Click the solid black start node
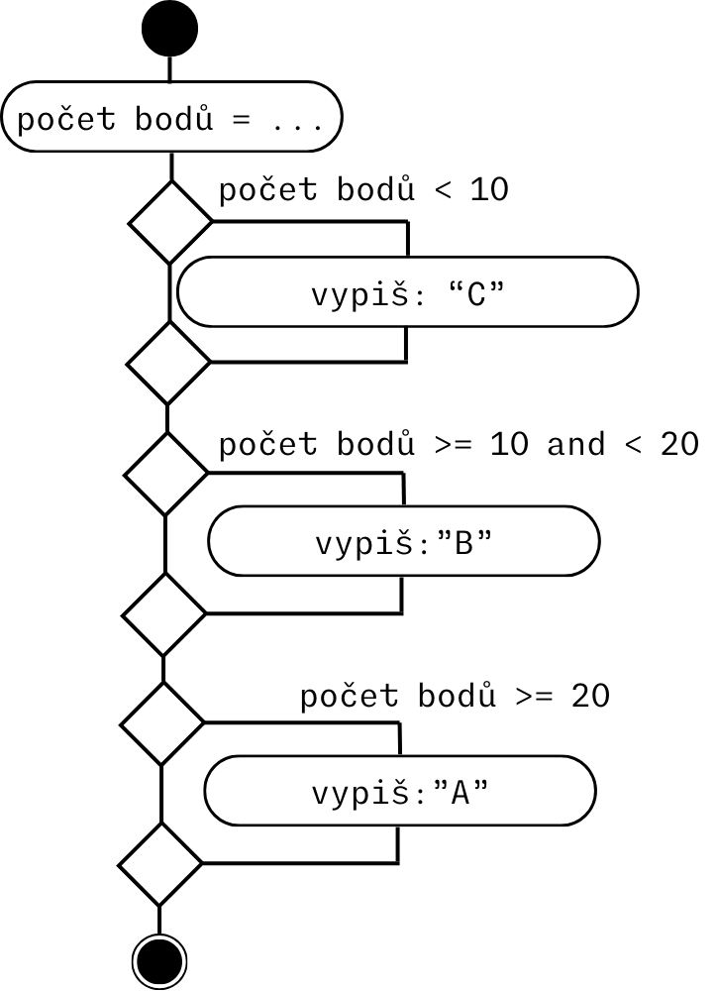pyautogui.click(x=170, y=29)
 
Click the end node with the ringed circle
pyautogui.click(x=159, y=959)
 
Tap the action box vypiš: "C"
pyautogui.click(x=407, y=292)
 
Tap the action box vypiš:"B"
pyautogui.click(x=403, y=541)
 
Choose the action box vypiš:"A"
pyautogui.click(x=399, y=792)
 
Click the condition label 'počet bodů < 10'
pyautogui.click(x=362, y=189)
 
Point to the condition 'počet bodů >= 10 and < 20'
pyautogui.click(x=459, y=445)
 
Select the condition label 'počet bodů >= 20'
pyautogui.click(x=455, y=697)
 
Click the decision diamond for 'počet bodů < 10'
pyautogui.click(x=171, y=222)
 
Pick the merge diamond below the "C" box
pyautogui.click(x=169, y=362)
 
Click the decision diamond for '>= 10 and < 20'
pyautogui.click(x=165, y=473)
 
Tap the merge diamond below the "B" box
pyautogui.click(x=164, y=613)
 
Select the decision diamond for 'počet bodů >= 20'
pyautogui.click(x=161, y=723)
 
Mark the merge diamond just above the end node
pyautogui.click(x=159, y=863)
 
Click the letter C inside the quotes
pyautogui.click(x=474, y=294)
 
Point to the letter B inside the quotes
pyautogui.click(x=461, y=543)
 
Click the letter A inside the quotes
pyautogui.click(x=459, y=793)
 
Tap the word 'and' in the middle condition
pyautogui.click(x=575, y=445)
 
